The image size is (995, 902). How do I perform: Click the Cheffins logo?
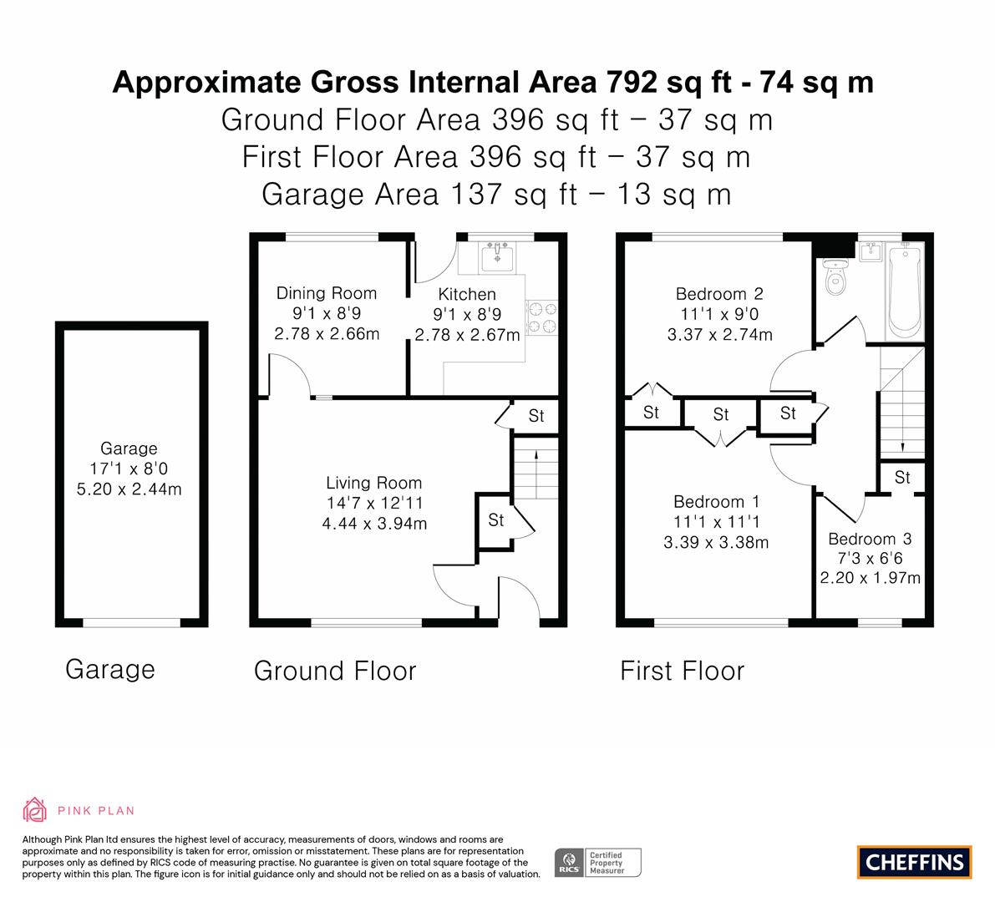click(915, 862)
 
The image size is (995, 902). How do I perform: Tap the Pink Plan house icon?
click(34, 810)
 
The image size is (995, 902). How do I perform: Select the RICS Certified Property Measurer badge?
click(598, 863)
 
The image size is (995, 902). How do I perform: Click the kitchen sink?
click(498, 256)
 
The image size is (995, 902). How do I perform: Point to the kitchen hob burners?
click(542, 318)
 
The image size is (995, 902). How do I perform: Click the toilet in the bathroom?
click(836, 276)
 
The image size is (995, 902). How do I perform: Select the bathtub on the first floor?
click(904, 291)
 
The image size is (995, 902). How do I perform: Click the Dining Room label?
click(326, 293)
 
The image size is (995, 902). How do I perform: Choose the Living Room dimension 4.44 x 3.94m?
click(374, 524)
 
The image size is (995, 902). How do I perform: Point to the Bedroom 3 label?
click(870, 539)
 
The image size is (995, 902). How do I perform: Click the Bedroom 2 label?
click(719, 294)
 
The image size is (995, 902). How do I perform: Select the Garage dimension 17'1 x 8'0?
click(129, 469)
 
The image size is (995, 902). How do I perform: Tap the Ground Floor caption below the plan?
click(335, 671)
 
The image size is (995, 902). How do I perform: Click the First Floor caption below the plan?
click(683, 671)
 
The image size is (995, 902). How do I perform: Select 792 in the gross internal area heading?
click(632, 82)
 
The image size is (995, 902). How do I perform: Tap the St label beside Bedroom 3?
click(902, 477)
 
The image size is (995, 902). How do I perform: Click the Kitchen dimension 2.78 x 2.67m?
click(468, 334)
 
